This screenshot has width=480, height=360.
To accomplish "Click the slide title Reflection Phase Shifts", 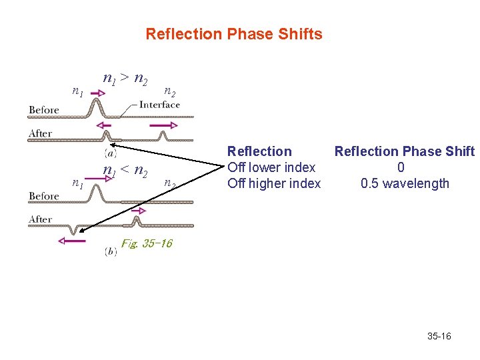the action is coord(233,34).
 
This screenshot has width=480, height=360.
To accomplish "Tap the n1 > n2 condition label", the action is coord(125,79).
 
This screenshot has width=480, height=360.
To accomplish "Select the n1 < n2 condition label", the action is coord(125,171).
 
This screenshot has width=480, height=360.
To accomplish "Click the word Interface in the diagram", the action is coord(159,105).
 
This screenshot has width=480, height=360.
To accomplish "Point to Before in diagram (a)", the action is coord(44,109).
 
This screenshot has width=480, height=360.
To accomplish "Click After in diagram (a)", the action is coord(40,133).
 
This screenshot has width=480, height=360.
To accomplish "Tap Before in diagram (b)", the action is coord(44,196).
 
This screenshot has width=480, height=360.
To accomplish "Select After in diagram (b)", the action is coord(40,219).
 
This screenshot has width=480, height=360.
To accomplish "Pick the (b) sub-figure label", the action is coord(111,251).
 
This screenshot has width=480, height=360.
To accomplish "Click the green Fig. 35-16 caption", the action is coord(147,243).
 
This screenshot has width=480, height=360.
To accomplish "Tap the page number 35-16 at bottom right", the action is coord(439,336).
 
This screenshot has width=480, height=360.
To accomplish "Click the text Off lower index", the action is coord(271,167).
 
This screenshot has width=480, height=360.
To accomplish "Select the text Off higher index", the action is coord(274,183).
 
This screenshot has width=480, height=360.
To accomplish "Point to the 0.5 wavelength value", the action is coord(405,183).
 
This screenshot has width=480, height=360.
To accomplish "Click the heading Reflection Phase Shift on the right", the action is coord(405,151).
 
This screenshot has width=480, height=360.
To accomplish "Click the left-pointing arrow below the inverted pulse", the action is coord(72,241).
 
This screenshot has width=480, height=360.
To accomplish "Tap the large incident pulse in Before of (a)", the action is coord(97,107).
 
